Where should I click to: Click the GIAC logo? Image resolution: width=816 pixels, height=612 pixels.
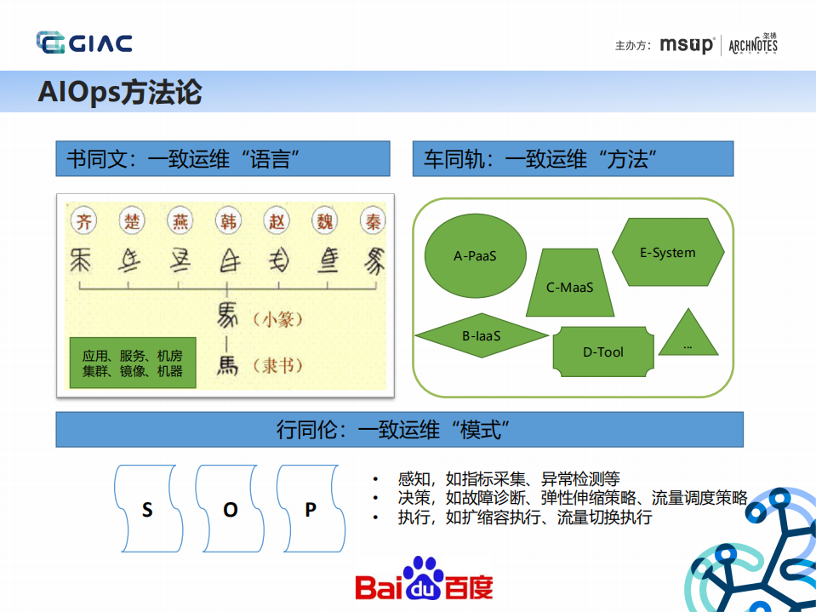click(83, 43)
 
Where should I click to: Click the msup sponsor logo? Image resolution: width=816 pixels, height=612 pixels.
click(686, 45)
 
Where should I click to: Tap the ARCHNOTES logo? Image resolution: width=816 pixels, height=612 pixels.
click(753, 45)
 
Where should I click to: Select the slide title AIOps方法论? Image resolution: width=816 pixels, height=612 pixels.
click(119, 91)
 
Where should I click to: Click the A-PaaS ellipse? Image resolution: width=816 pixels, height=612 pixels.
click(475, 255)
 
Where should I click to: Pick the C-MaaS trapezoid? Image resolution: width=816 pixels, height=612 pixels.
click(569, 286)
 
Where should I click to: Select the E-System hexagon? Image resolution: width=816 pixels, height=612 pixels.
click(668, 253)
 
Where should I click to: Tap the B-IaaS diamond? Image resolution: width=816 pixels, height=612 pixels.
click(482, 336)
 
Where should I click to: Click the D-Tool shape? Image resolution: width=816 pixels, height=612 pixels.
click(603, 352)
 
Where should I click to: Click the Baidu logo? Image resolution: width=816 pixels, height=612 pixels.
click(424, 580)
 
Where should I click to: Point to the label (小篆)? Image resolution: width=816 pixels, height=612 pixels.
click(277, 320)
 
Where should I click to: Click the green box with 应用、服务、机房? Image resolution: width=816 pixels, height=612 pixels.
click(132, 363)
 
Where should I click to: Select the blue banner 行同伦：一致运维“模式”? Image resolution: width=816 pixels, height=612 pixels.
click(399, 429)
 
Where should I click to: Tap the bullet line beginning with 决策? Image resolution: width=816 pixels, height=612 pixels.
click(572, 498)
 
